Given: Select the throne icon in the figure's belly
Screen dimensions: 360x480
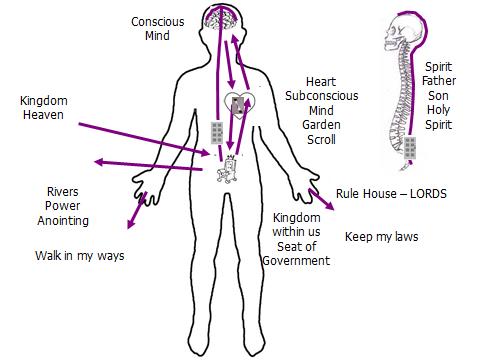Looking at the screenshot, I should [x=228, y=171].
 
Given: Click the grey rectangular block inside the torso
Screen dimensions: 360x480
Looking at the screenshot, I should [x=217, y=133].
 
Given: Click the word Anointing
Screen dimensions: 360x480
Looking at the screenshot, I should [x=65, y=220].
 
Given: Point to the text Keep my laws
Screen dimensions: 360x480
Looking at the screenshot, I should [x=381, y=237].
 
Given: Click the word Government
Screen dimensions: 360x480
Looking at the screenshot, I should [x=296, y=261].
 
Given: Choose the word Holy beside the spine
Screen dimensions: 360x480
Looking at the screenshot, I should [x=438, y=111].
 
